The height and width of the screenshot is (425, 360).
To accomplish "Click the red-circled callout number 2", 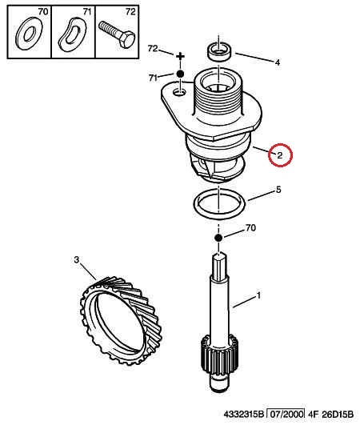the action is point(280,155).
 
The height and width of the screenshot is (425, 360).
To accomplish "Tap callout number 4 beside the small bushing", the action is point(278,62).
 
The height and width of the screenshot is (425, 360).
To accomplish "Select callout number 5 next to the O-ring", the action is point(278,190).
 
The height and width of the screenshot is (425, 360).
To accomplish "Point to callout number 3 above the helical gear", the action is point(77,259).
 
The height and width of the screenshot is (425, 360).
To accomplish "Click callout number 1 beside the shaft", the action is point(258,295).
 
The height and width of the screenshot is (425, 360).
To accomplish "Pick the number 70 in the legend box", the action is point(43,12).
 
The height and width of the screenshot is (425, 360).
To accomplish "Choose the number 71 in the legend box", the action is point(87,12).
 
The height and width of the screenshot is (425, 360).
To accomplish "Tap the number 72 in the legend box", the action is point(130,12).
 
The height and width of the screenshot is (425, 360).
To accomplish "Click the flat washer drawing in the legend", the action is point(29,34).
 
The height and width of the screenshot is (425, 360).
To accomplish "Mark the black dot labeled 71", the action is point(180,74).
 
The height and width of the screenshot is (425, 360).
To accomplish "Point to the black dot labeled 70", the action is point(218,238).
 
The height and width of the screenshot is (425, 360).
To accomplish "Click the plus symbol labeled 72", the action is point(180,57).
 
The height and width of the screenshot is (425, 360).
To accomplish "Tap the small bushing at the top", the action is point(219,52).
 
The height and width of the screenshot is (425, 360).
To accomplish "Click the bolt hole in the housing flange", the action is point(179,92).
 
